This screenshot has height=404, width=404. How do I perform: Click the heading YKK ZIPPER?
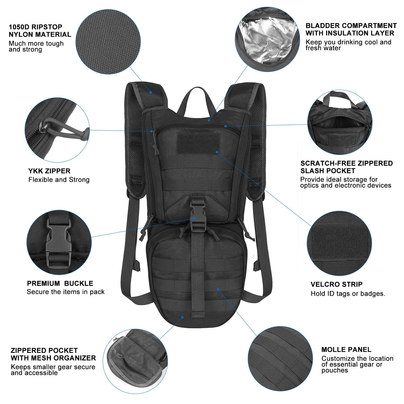click(x=49, y=171)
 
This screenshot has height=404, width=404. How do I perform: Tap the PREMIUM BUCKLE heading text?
click(x=60, y=283)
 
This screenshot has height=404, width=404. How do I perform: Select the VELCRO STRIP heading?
click(x=336, y=284)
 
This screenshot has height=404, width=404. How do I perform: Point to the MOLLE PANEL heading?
click(x=346, y=350)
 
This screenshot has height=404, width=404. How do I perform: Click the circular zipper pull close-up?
click(x=57, y=130)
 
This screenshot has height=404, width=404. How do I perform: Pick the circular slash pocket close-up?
click(x=340, y=123)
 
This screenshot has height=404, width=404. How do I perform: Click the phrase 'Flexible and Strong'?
click(x=59, y=180)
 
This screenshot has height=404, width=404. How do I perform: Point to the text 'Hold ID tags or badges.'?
click(x=348, y=294)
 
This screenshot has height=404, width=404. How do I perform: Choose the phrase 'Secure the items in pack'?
click(x=65, y=292)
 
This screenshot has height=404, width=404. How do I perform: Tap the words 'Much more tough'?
click(x=36, y=44)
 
